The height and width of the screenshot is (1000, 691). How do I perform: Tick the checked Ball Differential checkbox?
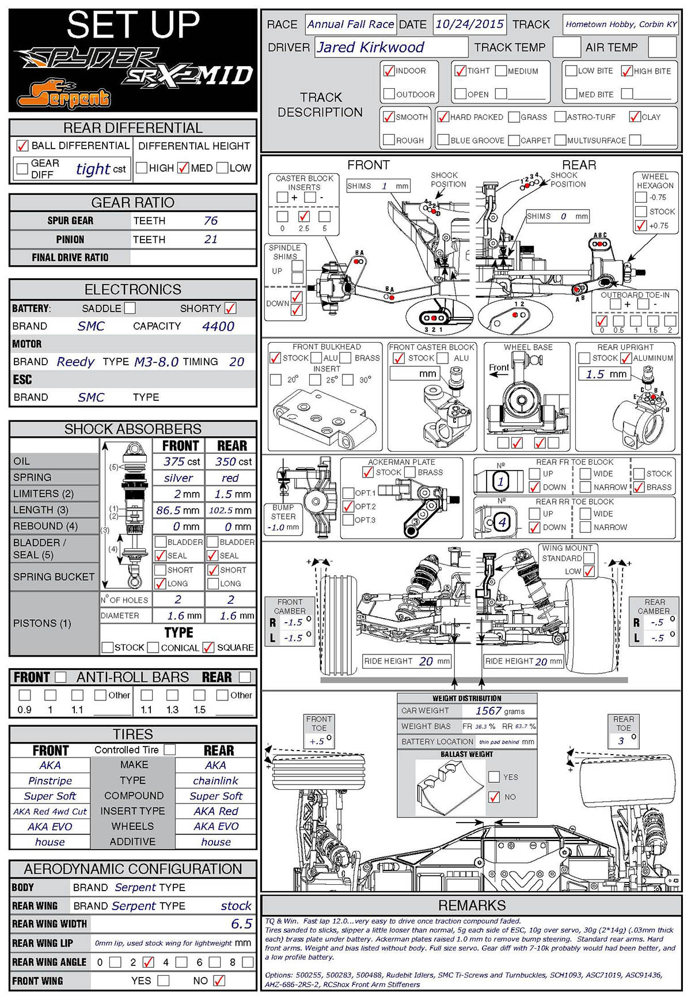point(22,146)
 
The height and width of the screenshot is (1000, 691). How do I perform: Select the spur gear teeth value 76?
point(211,221)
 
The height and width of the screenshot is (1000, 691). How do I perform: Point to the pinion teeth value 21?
point(211,239)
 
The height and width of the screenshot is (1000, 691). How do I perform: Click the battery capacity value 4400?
point(218,326)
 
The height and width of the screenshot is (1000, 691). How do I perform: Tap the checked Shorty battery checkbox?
point(230,308)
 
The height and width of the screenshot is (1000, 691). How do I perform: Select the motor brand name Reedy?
point(75,362)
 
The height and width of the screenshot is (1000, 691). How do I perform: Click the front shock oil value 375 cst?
point(181,461)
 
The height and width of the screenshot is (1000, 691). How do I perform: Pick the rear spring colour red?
point(230,478)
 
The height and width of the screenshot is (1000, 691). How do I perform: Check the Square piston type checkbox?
point(208,647)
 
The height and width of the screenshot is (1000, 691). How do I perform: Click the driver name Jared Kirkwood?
point(370,47)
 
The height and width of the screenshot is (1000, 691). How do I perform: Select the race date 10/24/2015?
point(469,24)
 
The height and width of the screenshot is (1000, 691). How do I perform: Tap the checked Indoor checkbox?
point(389,71)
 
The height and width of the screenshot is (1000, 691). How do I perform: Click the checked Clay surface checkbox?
point(635,117)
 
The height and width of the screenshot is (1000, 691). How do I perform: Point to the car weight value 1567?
point(488,711)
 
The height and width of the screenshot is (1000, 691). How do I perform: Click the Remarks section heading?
point(472,906)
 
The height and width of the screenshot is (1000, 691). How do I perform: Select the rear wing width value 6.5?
point(241,924)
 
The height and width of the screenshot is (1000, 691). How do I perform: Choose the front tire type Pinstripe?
point(50,781)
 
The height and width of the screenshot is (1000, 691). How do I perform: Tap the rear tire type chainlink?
point(215,781)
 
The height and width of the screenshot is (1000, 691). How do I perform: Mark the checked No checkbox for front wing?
point(219,980)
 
